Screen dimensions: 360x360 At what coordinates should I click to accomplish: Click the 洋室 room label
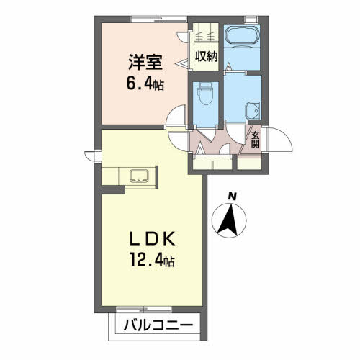point(145,62)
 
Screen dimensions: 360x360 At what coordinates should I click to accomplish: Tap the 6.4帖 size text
point(145,84)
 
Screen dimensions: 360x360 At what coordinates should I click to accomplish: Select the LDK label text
point(152,239)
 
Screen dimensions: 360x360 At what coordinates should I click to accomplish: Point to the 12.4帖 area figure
point(152,260)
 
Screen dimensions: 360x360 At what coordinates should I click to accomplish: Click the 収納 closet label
point(206,57)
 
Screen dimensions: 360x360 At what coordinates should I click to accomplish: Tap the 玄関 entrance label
point(256,140)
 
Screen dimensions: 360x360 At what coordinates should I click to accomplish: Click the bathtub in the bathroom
point(242,35)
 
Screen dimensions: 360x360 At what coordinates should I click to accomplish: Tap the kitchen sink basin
point(139,176)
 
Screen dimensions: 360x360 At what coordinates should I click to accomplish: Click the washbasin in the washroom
point(253,111)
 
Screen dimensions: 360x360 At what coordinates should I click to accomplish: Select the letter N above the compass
point(232,197)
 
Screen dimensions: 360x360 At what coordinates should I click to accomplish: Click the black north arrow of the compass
point(228,220)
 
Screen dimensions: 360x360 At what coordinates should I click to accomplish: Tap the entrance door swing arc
point(281,139)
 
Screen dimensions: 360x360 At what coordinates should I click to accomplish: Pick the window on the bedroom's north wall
point(159,19)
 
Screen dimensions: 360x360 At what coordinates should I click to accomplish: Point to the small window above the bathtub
point(251,19)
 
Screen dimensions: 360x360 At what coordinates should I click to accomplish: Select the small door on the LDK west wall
point(93,156)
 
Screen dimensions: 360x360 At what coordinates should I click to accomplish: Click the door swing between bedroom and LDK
point(176,116)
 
